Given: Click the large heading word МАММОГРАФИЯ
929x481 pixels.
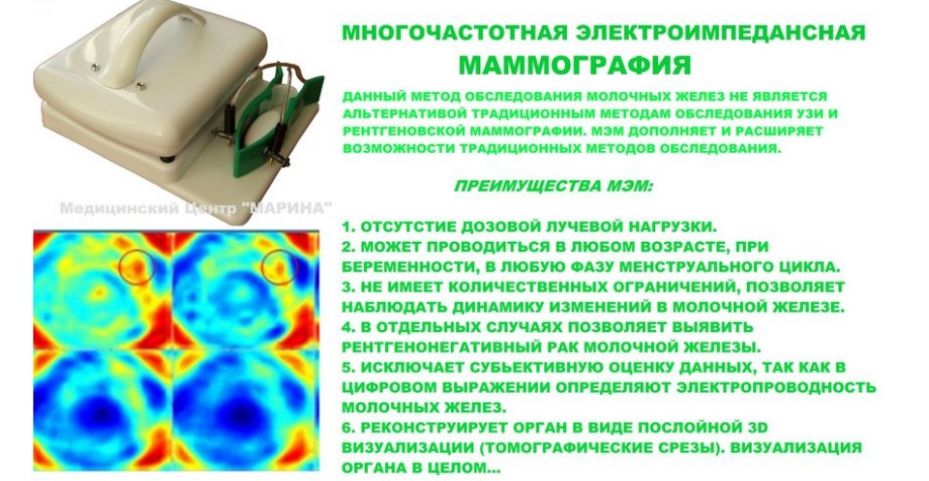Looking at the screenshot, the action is pyautogui.click(x=575, y=65).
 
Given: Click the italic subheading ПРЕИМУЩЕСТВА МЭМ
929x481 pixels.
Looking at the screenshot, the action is pyautogui.click(x=553, y=186).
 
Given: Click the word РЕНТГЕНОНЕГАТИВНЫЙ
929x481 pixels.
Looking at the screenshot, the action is pyautogui.click(x=456, y=346).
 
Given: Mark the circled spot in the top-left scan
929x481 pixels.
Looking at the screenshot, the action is pyautogui.click(x=136, y=268).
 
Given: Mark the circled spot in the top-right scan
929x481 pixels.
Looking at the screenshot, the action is pyautogui.click(x=279, y=267).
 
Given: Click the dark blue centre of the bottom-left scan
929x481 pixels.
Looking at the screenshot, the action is pyautogui.click(x=102, y=411).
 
